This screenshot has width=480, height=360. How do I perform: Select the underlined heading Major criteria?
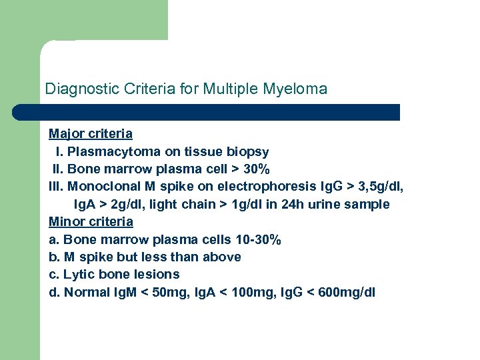(91, 134)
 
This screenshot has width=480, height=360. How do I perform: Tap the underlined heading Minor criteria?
(91, 221)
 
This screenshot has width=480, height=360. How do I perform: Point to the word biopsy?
(247, 152)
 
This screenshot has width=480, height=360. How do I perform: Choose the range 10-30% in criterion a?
(257, 239)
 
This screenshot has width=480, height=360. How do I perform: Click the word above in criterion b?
(224, 257)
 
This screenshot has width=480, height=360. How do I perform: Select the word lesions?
(157, 274)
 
